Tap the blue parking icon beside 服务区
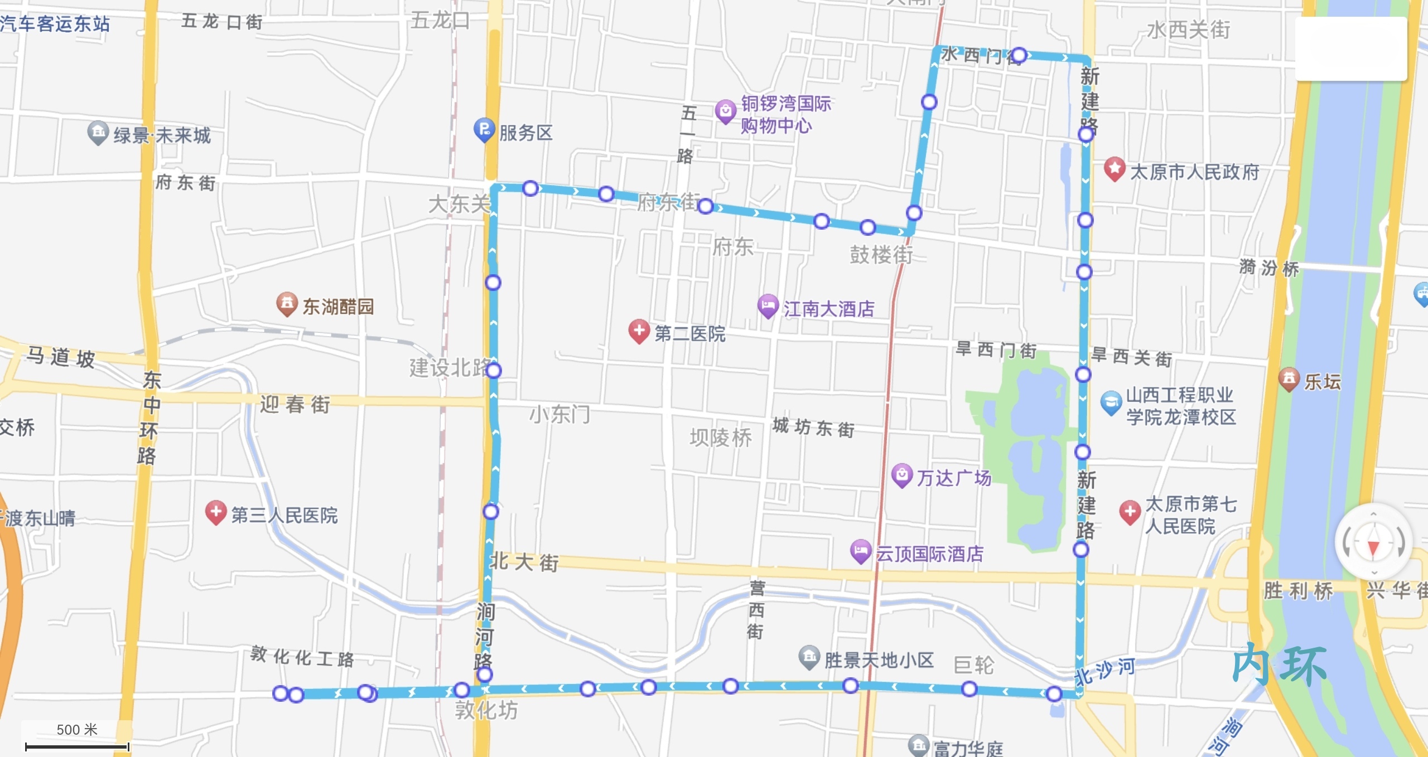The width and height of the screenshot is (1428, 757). tap(484, 129)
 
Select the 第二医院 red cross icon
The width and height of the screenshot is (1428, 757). tap(639, 331)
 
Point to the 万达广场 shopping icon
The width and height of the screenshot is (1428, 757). tap(901, 475)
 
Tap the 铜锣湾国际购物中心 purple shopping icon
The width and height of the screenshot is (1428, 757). tap(725, 111)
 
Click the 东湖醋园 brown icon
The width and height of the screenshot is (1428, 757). tap(287, 303)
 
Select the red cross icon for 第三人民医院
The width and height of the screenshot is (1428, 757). tap(215, 511)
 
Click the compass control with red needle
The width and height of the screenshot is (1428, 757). tap(1373, 542)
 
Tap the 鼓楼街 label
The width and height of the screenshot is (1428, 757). tap(881, 255)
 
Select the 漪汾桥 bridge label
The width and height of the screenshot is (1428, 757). tap(1269, 268)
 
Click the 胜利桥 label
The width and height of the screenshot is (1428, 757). tap(1298, 590)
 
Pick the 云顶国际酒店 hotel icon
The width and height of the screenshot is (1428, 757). tap(860, 551)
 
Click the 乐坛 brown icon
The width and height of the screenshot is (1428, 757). tap(1289, 378)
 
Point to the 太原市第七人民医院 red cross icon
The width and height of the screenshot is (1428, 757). tap(1130, 511)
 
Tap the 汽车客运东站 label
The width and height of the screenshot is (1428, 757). tap(55, 23)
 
